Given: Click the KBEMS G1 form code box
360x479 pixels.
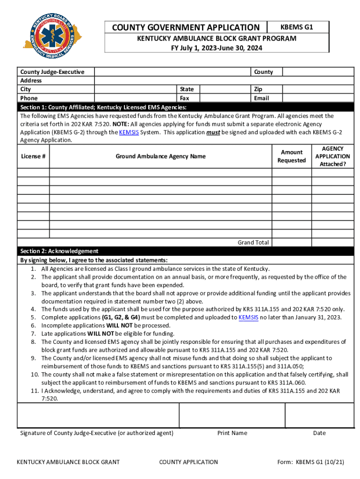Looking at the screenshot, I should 297,27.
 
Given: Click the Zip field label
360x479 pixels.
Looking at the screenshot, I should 258,89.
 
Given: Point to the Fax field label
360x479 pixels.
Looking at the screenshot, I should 185,98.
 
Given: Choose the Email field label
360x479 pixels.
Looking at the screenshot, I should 261,98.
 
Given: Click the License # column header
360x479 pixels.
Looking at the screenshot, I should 33,156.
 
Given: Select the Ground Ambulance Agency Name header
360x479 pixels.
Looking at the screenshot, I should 160,156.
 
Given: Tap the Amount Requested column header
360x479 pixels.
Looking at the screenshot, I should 291,156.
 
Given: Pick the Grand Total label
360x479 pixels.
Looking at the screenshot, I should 253,242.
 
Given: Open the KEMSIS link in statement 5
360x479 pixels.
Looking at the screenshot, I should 248,317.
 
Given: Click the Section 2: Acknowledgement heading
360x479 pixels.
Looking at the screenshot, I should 59,251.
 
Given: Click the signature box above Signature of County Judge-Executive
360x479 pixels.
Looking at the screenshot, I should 98,414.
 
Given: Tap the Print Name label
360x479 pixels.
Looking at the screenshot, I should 232,433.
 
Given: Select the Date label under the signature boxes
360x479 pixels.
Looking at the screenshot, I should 319,433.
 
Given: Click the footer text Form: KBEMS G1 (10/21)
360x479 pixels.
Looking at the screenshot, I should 310,462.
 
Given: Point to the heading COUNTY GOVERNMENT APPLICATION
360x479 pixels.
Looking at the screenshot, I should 186,28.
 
